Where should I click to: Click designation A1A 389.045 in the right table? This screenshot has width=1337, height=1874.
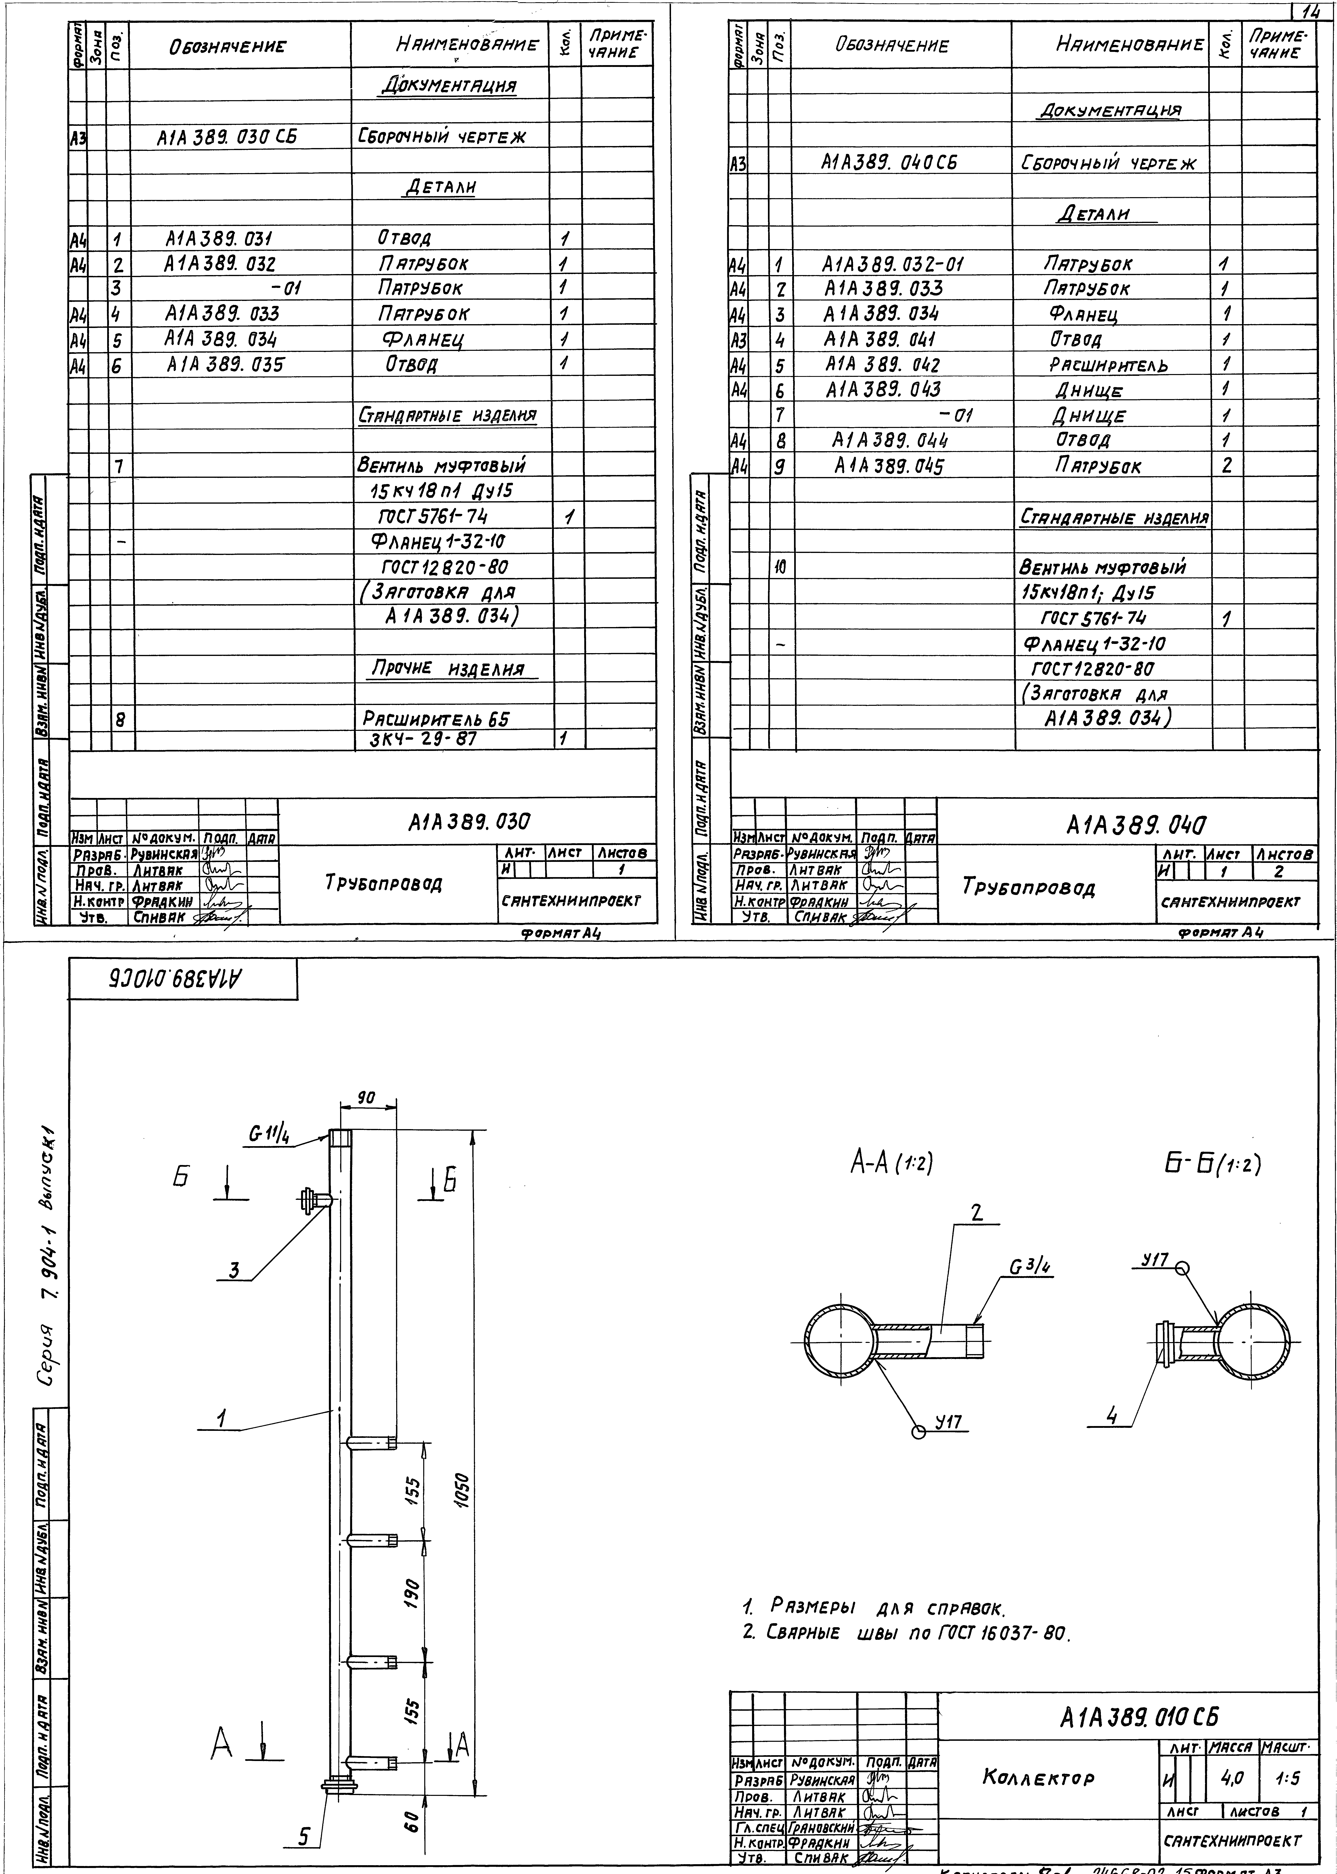click(x=888, y=466)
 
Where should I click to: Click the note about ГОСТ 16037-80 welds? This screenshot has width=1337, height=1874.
click(x=906, y=1632)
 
